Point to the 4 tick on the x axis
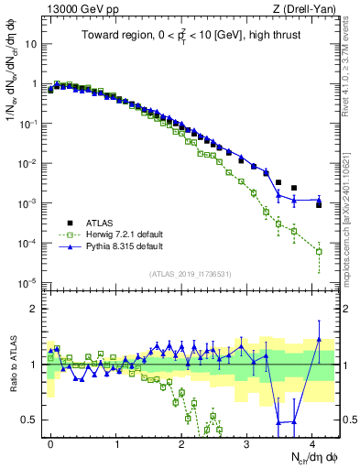pyautogui.click(x=312, y=442)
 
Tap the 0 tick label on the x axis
pyautogui.click(x=50, y=442)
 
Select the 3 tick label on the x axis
pyautogui.click(x=247, y=442)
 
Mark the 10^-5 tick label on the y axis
pyautogui.click(x=29, y=281)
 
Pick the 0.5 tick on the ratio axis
pyautogui.click(x=30, y=420)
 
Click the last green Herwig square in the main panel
pyautogui.click(x=319, y=251)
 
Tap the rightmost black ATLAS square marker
pyautogui.click(x=319, y=204)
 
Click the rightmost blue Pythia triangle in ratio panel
pyautogui.click(x=319, y=339)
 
